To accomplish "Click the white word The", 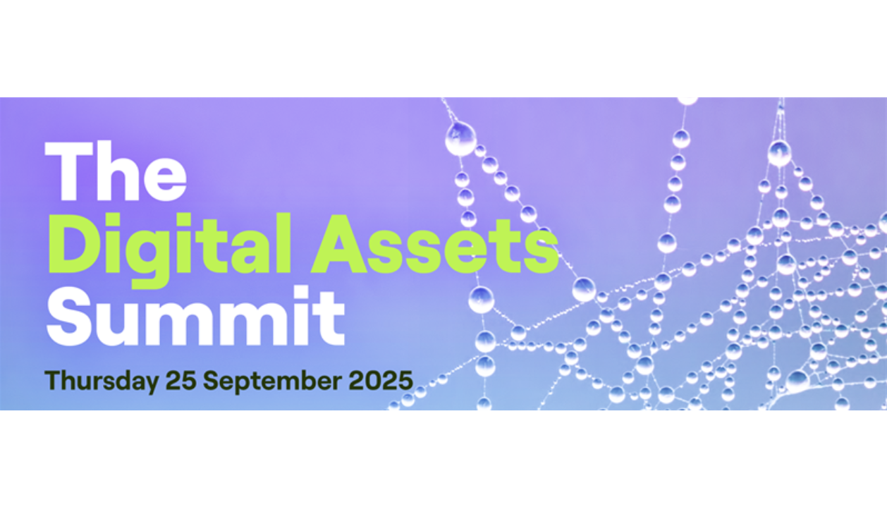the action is pyautogui.click(x=115, y=171).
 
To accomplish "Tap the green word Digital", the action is pyautogui.click(x=170, y=250).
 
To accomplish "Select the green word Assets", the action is pyautogui.click(x=434, y=244).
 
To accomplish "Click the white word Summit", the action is pyautogui.click(x=196, y=316).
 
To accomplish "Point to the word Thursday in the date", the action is pyautogui.click(x=102, y=381).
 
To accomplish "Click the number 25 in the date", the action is pyautogui.click(x=181, y=380).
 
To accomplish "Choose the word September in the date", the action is pyautogui.click(x=272, y=382).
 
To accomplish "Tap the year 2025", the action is pyautogui.click(x=381, y=380).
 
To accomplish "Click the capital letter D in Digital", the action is pyautogui.click(x=73, y=244).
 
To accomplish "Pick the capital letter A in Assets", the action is pyautogui.click(x=339, y=244).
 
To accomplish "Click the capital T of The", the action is pyautogui.click(x=68, y=171).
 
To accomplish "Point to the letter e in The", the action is pyautogui.click(x=165, y=179).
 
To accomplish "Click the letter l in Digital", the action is pyautogui.click(x=284, y=243).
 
